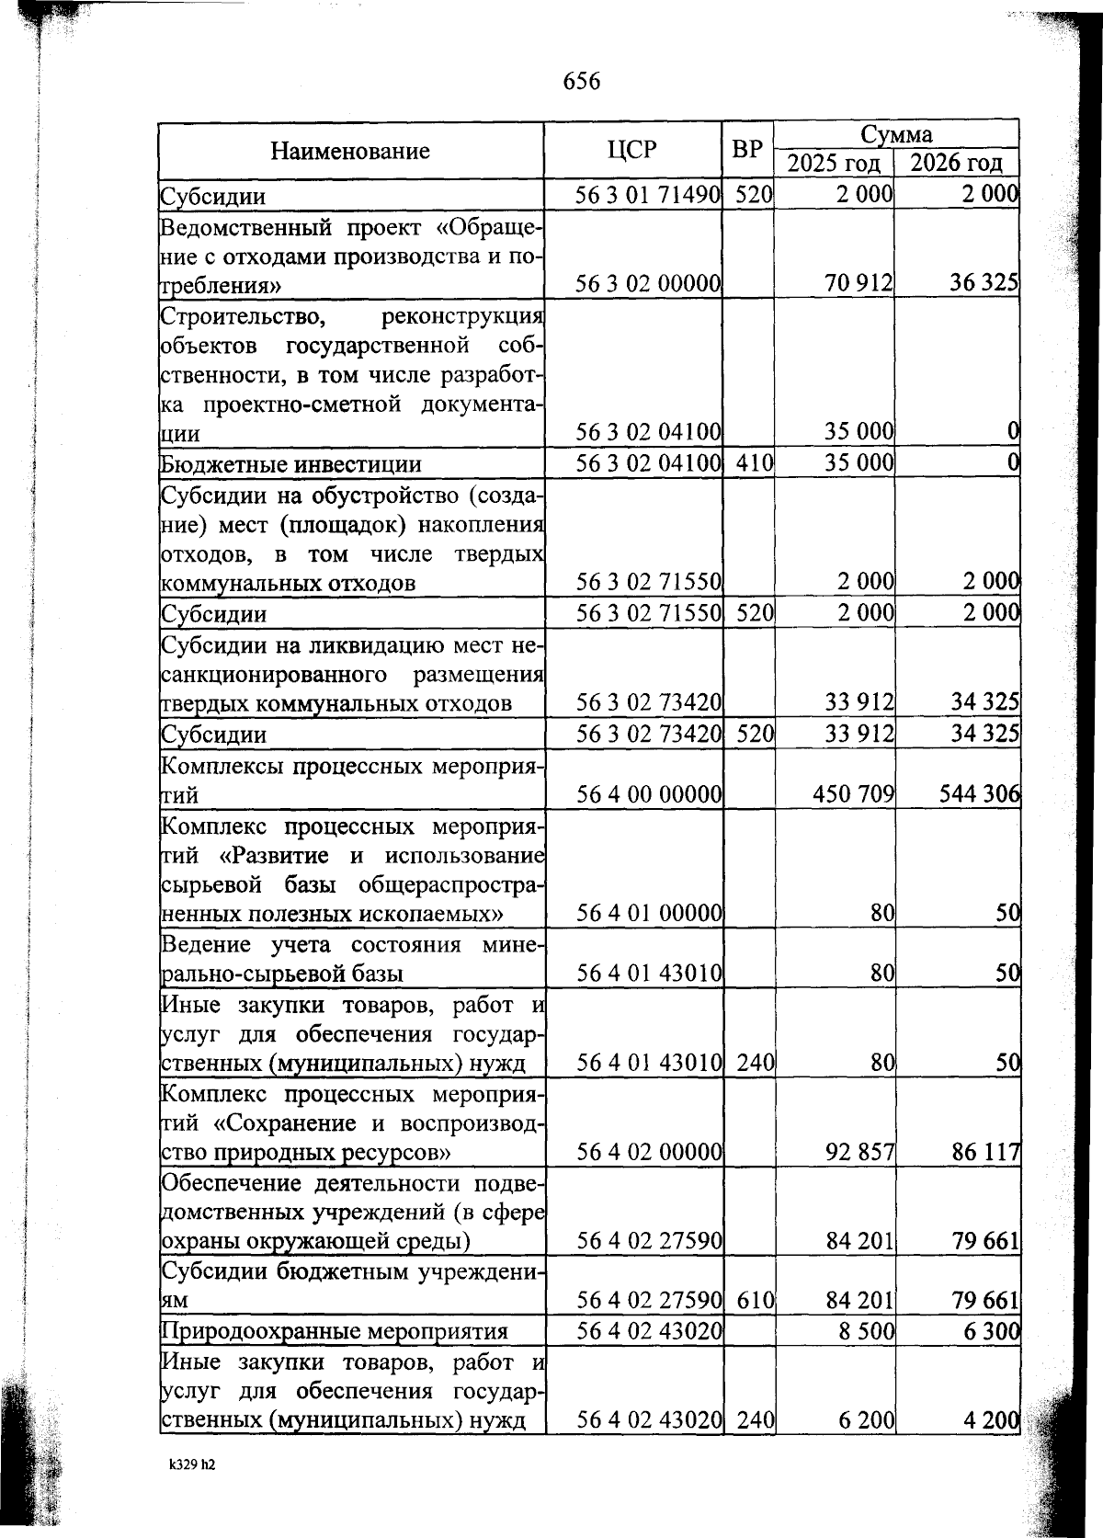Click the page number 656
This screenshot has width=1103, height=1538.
tap(581, 82)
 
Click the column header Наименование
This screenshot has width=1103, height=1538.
tap(350, 151)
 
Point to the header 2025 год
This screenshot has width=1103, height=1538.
tap(836, 164)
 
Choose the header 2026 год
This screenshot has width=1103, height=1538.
tap(957, 164)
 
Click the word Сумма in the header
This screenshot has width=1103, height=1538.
tap(896, 134)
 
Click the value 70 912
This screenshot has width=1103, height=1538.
tap(859, 283)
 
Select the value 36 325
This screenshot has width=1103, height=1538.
tap(984, 283)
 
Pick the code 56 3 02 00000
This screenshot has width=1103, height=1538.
tap(647, 283)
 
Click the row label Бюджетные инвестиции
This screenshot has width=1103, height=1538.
tap(290, 463)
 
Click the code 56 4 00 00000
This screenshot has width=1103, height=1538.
tap(647, 792)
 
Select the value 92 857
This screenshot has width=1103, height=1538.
tap(859, 1152)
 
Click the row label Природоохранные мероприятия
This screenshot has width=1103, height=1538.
tap(335, 1331)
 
